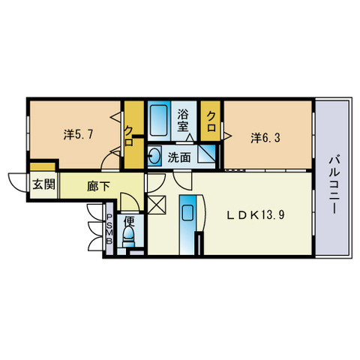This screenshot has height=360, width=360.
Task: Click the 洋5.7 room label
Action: pos(78,135)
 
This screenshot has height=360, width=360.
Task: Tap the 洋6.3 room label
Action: pos(265,138)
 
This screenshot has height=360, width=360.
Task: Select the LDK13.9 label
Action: pos(256,214)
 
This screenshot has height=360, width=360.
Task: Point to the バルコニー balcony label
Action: pos(334,185)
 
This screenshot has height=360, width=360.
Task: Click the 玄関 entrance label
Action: pos(43,184)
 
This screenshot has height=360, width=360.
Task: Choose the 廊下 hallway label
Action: pos(98,186)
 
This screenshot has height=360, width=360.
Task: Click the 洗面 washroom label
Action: pos(179,157)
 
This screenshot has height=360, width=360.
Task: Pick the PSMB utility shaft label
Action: pos(109,229)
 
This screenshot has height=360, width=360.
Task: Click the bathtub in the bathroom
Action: pos(159,120)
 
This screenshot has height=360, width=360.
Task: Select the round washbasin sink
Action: pos(154,156)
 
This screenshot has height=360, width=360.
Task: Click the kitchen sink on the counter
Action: pos(187,213)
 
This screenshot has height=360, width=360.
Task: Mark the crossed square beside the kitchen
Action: pos(157,205)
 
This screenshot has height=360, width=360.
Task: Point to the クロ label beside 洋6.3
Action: pos(211,121)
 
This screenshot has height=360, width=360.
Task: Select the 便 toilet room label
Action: pos(130,221)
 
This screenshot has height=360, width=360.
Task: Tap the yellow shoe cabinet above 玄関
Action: pos(43,166)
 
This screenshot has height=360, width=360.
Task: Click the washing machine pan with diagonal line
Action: pos(206,154)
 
